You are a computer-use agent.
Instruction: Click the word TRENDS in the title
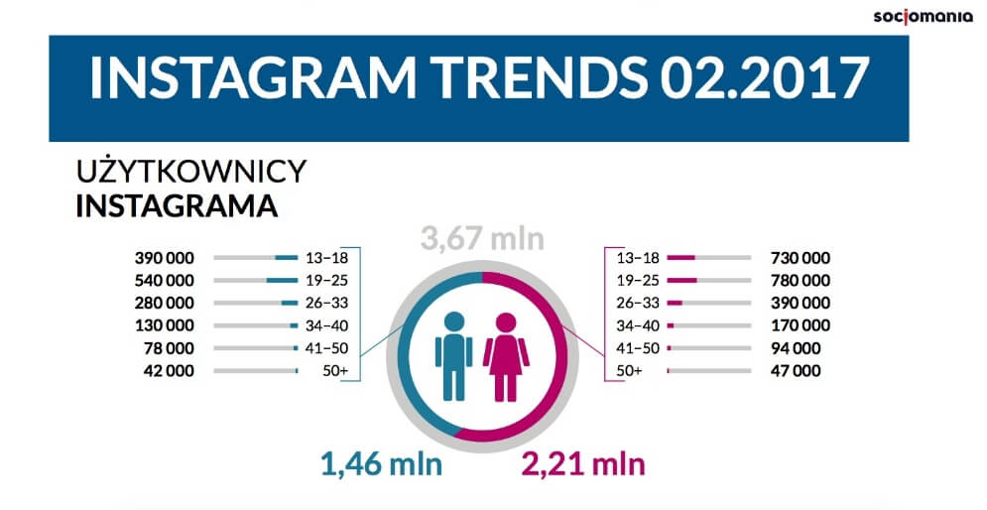click(517, 78)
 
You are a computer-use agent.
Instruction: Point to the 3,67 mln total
click(482, 240)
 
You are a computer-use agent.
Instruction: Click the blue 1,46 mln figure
click(380, 462)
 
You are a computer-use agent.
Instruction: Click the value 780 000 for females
click(800, 280)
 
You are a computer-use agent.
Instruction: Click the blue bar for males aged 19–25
click(282, 281)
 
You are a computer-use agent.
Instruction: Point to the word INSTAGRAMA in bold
click(176, 207)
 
